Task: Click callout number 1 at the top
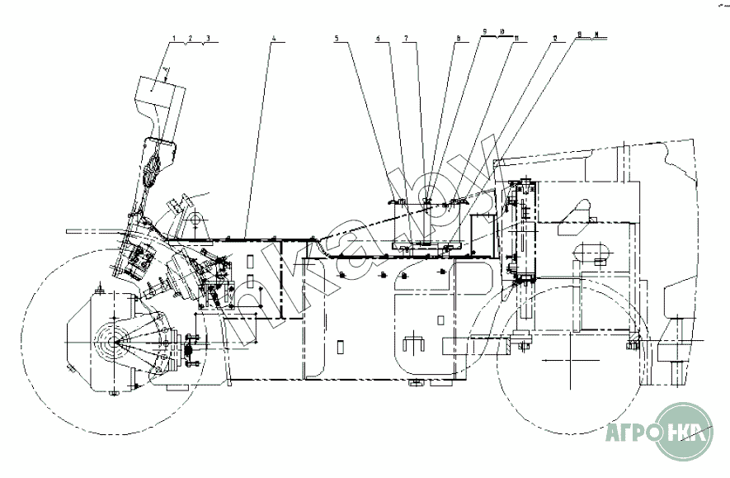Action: pyautogui.click(x=175, y=39)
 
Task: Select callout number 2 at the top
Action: pyautogui.click(x=191, y=39)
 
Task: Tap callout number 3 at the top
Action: pyautogui.click(x=208, y=39)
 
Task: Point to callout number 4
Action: pyautogui.click(x=273, y=39)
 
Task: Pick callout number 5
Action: pyautogui.click(x=337, y=39)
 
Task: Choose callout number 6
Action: pyautogui.click(x=378, y=39)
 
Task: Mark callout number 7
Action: pyautogui.click(x=405, y=39)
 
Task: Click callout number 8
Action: pyautogui.click(x=457, y=38)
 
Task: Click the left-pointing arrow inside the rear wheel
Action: pyautogui.click(x=561, y=361)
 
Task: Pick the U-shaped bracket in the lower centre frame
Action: pyautogui.click(x=412, y=344)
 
